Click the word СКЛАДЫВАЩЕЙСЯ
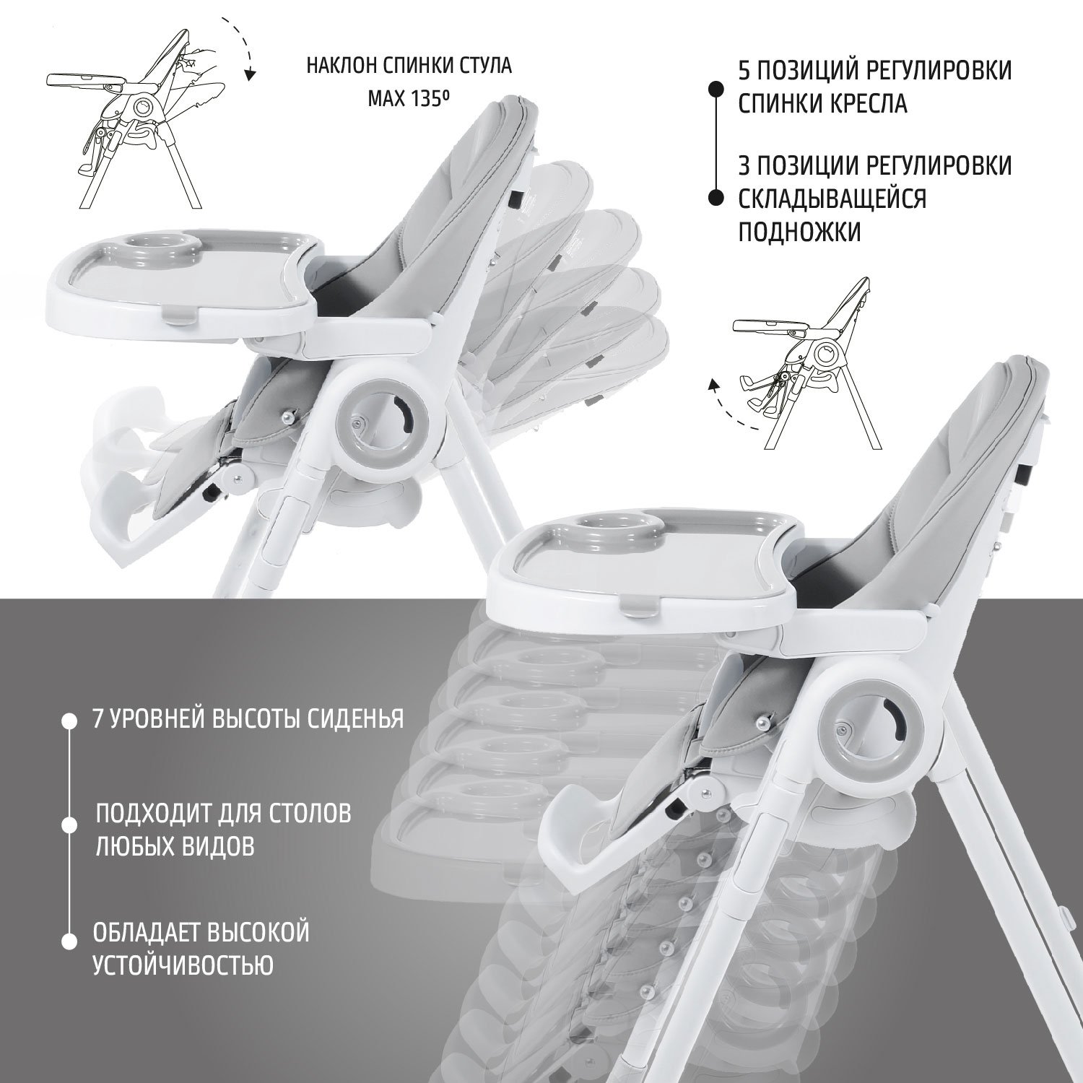832,198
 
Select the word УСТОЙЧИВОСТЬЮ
183,964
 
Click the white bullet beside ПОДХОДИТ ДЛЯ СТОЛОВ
69,825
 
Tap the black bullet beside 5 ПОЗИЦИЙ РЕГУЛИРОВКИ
716,89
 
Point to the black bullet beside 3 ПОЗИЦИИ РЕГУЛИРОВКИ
716,198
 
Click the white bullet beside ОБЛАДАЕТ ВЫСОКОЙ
69,940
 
